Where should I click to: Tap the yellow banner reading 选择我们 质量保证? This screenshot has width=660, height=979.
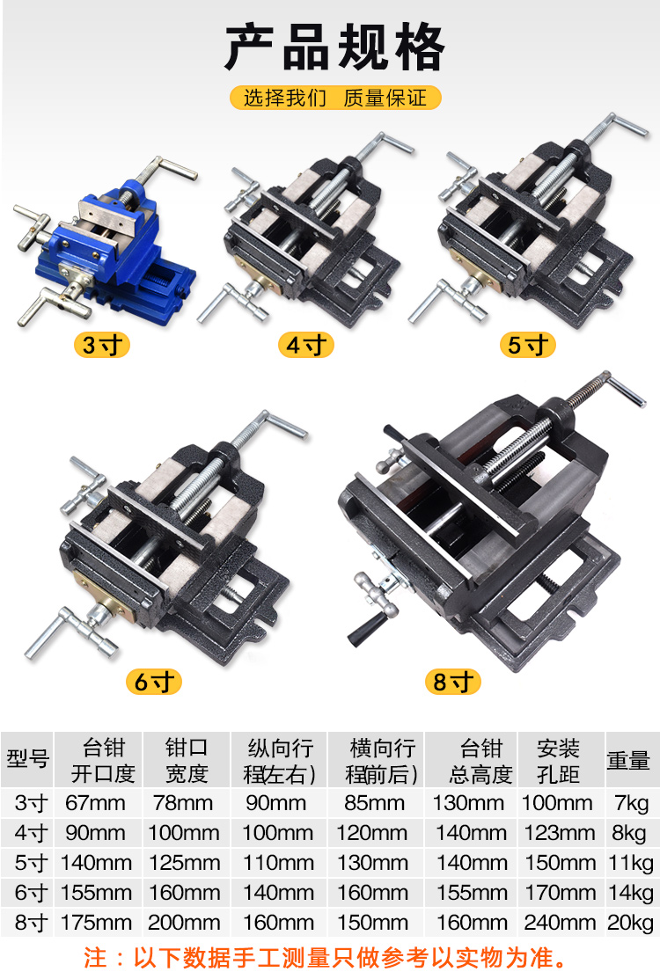click(335, 98)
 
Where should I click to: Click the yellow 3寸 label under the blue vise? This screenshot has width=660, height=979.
click(102, 345)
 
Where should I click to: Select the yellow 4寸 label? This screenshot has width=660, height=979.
click(306, 345)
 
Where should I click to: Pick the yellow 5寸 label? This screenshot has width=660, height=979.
click(528, 345)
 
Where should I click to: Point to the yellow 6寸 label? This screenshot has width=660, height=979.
click(154, 682)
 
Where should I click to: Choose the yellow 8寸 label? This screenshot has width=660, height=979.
click(452, 682)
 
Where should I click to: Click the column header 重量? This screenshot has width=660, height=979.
click(629, 760)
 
